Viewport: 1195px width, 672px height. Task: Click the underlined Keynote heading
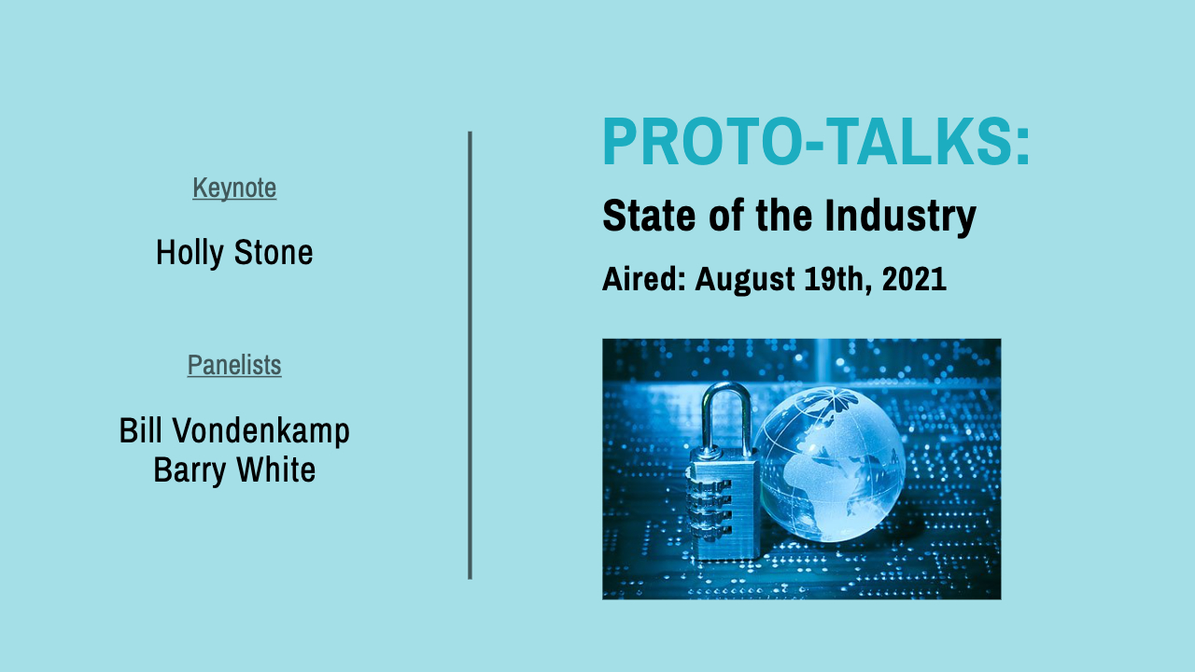234,188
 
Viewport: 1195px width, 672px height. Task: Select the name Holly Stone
234,253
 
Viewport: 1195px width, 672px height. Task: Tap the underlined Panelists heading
234,365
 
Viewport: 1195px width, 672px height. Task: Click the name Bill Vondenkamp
234,431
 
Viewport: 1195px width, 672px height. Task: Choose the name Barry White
234,469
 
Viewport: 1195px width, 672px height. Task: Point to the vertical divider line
470,355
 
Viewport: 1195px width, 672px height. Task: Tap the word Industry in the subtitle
900,216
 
